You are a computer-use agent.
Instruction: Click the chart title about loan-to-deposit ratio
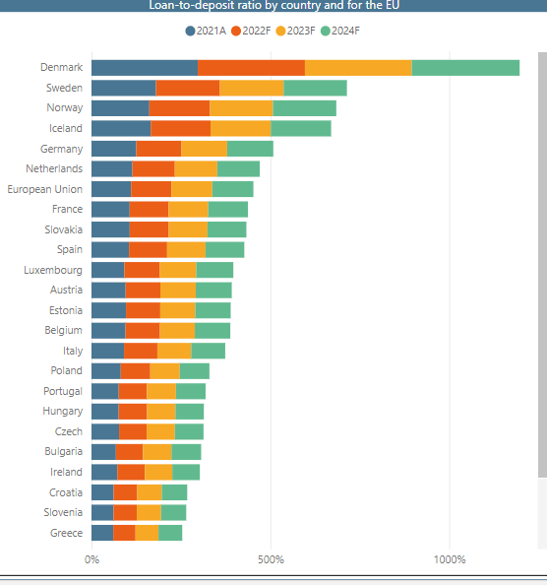[x=273, y=5]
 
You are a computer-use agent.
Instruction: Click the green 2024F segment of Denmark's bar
[x=465, y=68]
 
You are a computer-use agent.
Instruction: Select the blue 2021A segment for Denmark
[x=145, y=68]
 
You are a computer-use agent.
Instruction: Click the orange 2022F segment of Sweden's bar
[x=187, y=88]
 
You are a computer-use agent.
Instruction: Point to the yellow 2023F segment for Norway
[x=241, y=108]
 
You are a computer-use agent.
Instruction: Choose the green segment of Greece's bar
[x=170, y=533]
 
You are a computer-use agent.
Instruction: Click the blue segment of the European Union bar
[x=111, y=189]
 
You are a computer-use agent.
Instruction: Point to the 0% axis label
[x=91, y=559]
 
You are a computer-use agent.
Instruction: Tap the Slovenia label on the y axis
[x=60, y=512]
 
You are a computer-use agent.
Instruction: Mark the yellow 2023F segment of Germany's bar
[x=204, y=149]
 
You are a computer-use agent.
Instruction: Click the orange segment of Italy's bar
[x=141, y=351]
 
